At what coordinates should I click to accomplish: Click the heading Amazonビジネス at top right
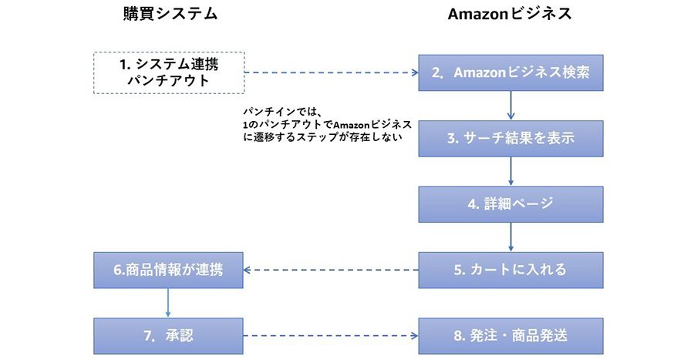click(510, 14)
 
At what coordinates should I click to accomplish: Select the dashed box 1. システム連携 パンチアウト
click(169, 72)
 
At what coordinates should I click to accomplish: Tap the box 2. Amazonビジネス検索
click(510, 73)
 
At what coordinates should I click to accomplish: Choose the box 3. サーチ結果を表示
click(510, 139)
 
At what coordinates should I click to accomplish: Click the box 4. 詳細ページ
click(510, 204)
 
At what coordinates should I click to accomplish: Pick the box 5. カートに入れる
click(510, 270)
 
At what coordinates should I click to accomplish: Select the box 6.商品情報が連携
click(169, 270)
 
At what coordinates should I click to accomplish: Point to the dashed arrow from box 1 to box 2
click(332, 73)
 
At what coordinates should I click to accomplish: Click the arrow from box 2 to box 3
click(510, 106)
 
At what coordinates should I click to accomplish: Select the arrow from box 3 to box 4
click(510, 171)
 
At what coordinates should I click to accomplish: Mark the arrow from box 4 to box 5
click(510, 237)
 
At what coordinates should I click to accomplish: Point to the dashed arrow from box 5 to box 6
click(332, 270)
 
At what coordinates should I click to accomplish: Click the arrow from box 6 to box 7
click(169, 303)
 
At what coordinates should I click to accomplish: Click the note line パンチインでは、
click(281, 111)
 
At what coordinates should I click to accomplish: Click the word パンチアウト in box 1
click(169, 80)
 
